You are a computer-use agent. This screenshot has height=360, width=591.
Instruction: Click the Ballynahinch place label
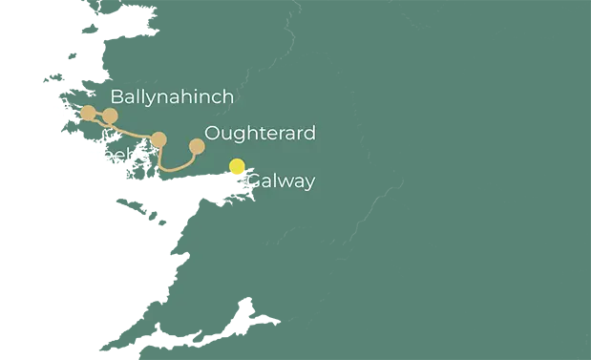(172, 97)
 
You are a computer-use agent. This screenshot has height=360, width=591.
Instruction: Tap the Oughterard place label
(260, 134)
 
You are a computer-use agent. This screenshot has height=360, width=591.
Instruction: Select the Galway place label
(281, 181)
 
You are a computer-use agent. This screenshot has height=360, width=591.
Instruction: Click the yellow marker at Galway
(237, 167)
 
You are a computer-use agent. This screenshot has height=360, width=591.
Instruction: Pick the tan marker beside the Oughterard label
(197, 146)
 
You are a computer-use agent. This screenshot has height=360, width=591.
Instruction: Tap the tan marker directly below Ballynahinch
(110, 116)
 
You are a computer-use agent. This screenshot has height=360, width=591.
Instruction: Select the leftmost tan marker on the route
(88, 113)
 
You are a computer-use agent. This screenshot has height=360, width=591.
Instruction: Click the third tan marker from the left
(158, 139)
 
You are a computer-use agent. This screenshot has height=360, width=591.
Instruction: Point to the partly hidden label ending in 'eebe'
(124, 156)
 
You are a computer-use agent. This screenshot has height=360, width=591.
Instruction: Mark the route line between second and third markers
(136, 129)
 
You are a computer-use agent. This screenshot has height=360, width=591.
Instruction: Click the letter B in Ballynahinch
(116, 97)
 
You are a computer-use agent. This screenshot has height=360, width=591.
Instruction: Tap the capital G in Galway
(254, 181)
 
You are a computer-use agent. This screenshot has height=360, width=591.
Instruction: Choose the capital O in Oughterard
(212, 134)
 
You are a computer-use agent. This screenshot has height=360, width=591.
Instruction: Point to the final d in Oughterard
(309, 134)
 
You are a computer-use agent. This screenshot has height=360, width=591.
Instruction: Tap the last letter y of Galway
(309, 183)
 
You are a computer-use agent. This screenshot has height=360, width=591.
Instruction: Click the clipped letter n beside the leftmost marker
(68, 113)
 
